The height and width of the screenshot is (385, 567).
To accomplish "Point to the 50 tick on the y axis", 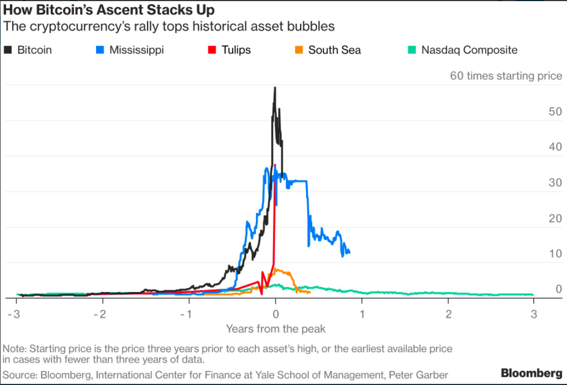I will tap(555, 112).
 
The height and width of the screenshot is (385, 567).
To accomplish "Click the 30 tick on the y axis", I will tap(555, 183).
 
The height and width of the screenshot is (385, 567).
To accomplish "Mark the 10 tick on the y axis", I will tap(555, 254).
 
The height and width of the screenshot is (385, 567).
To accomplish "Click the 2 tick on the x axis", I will tap(448, 314).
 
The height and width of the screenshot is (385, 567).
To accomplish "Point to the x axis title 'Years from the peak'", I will tap(276, 329).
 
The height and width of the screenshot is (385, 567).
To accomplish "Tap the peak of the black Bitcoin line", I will tap(275, 87).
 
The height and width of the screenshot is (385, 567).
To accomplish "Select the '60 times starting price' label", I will tap(506, 76).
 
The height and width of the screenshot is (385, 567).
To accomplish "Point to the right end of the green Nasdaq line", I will tap(533, 295).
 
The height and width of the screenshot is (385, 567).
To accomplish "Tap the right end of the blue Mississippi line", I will tap(349, 253).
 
